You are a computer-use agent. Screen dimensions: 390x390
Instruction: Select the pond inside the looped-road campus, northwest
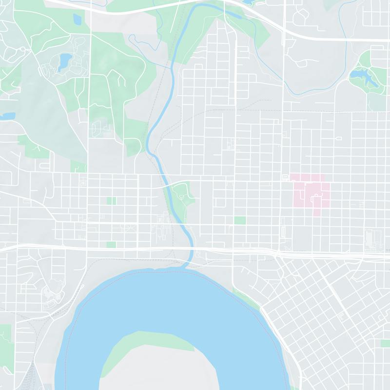pyautogui.click(x=64, y=61)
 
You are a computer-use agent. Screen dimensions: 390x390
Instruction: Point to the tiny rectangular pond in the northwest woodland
pyautogui.click(x=78, y=19)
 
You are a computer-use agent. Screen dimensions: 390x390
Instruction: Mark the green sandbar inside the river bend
pyautogui.click(x=146, y=344)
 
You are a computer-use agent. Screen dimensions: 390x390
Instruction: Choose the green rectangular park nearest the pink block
pyautogui.click(x=239, y=220)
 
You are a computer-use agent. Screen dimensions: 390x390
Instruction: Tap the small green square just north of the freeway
pyautogui.click(x=112, y=244)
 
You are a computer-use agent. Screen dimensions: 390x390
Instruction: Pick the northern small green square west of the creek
pyautogui.click(x=112, y=201)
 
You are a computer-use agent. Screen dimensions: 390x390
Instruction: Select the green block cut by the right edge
pyautogui.click(x=385, y=343)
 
